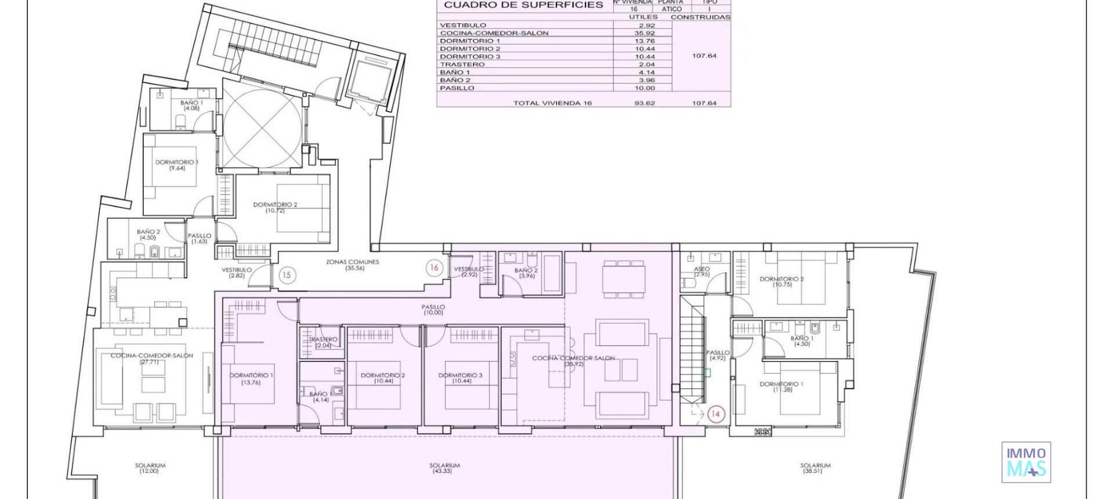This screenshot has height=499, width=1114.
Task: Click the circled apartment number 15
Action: point(287,274)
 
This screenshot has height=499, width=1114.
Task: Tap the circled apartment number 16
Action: point(434,267)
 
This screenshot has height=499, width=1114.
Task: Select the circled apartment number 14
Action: point(715,414)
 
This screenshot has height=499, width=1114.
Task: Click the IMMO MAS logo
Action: point(1026,462)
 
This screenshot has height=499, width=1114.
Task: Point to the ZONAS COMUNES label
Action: point(353,265)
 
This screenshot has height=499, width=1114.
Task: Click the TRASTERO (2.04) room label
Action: point(323,342)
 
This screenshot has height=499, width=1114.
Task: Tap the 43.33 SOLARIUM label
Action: point(444,468)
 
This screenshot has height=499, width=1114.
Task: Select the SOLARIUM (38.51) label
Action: point(815,468)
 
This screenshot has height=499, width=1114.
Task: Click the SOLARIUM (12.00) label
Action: point(150,468)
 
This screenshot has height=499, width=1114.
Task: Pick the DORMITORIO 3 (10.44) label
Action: point(461,378)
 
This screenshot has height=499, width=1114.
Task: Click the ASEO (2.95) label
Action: point(701,272)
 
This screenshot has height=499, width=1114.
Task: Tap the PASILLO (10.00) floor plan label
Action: point(433,310)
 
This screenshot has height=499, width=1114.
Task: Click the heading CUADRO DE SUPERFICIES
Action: point(523,5)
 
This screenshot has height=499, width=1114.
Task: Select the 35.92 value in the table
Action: point(644,33)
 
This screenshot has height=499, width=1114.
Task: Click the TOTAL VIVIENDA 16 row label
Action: point(552,103)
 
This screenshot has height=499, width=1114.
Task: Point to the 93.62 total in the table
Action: point(644,103)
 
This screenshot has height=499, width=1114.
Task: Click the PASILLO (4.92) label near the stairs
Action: point(717,355)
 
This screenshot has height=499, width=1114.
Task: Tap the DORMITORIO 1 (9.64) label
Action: point(176,165)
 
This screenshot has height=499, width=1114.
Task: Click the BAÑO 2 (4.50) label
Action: point(148,234)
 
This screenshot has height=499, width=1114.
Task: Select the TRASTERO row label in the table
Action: point(462,64)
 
